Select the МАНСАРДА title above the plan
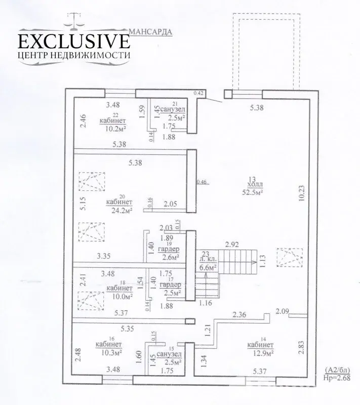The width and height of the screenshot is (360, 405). point(151,30)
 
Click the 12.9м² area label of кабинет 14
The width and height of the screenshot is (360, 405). point(261,353)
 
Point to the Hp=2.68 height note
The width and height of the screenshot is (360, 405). point(336,377)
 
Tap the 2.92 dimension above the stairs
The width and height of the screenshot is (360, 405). point(232,244)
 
